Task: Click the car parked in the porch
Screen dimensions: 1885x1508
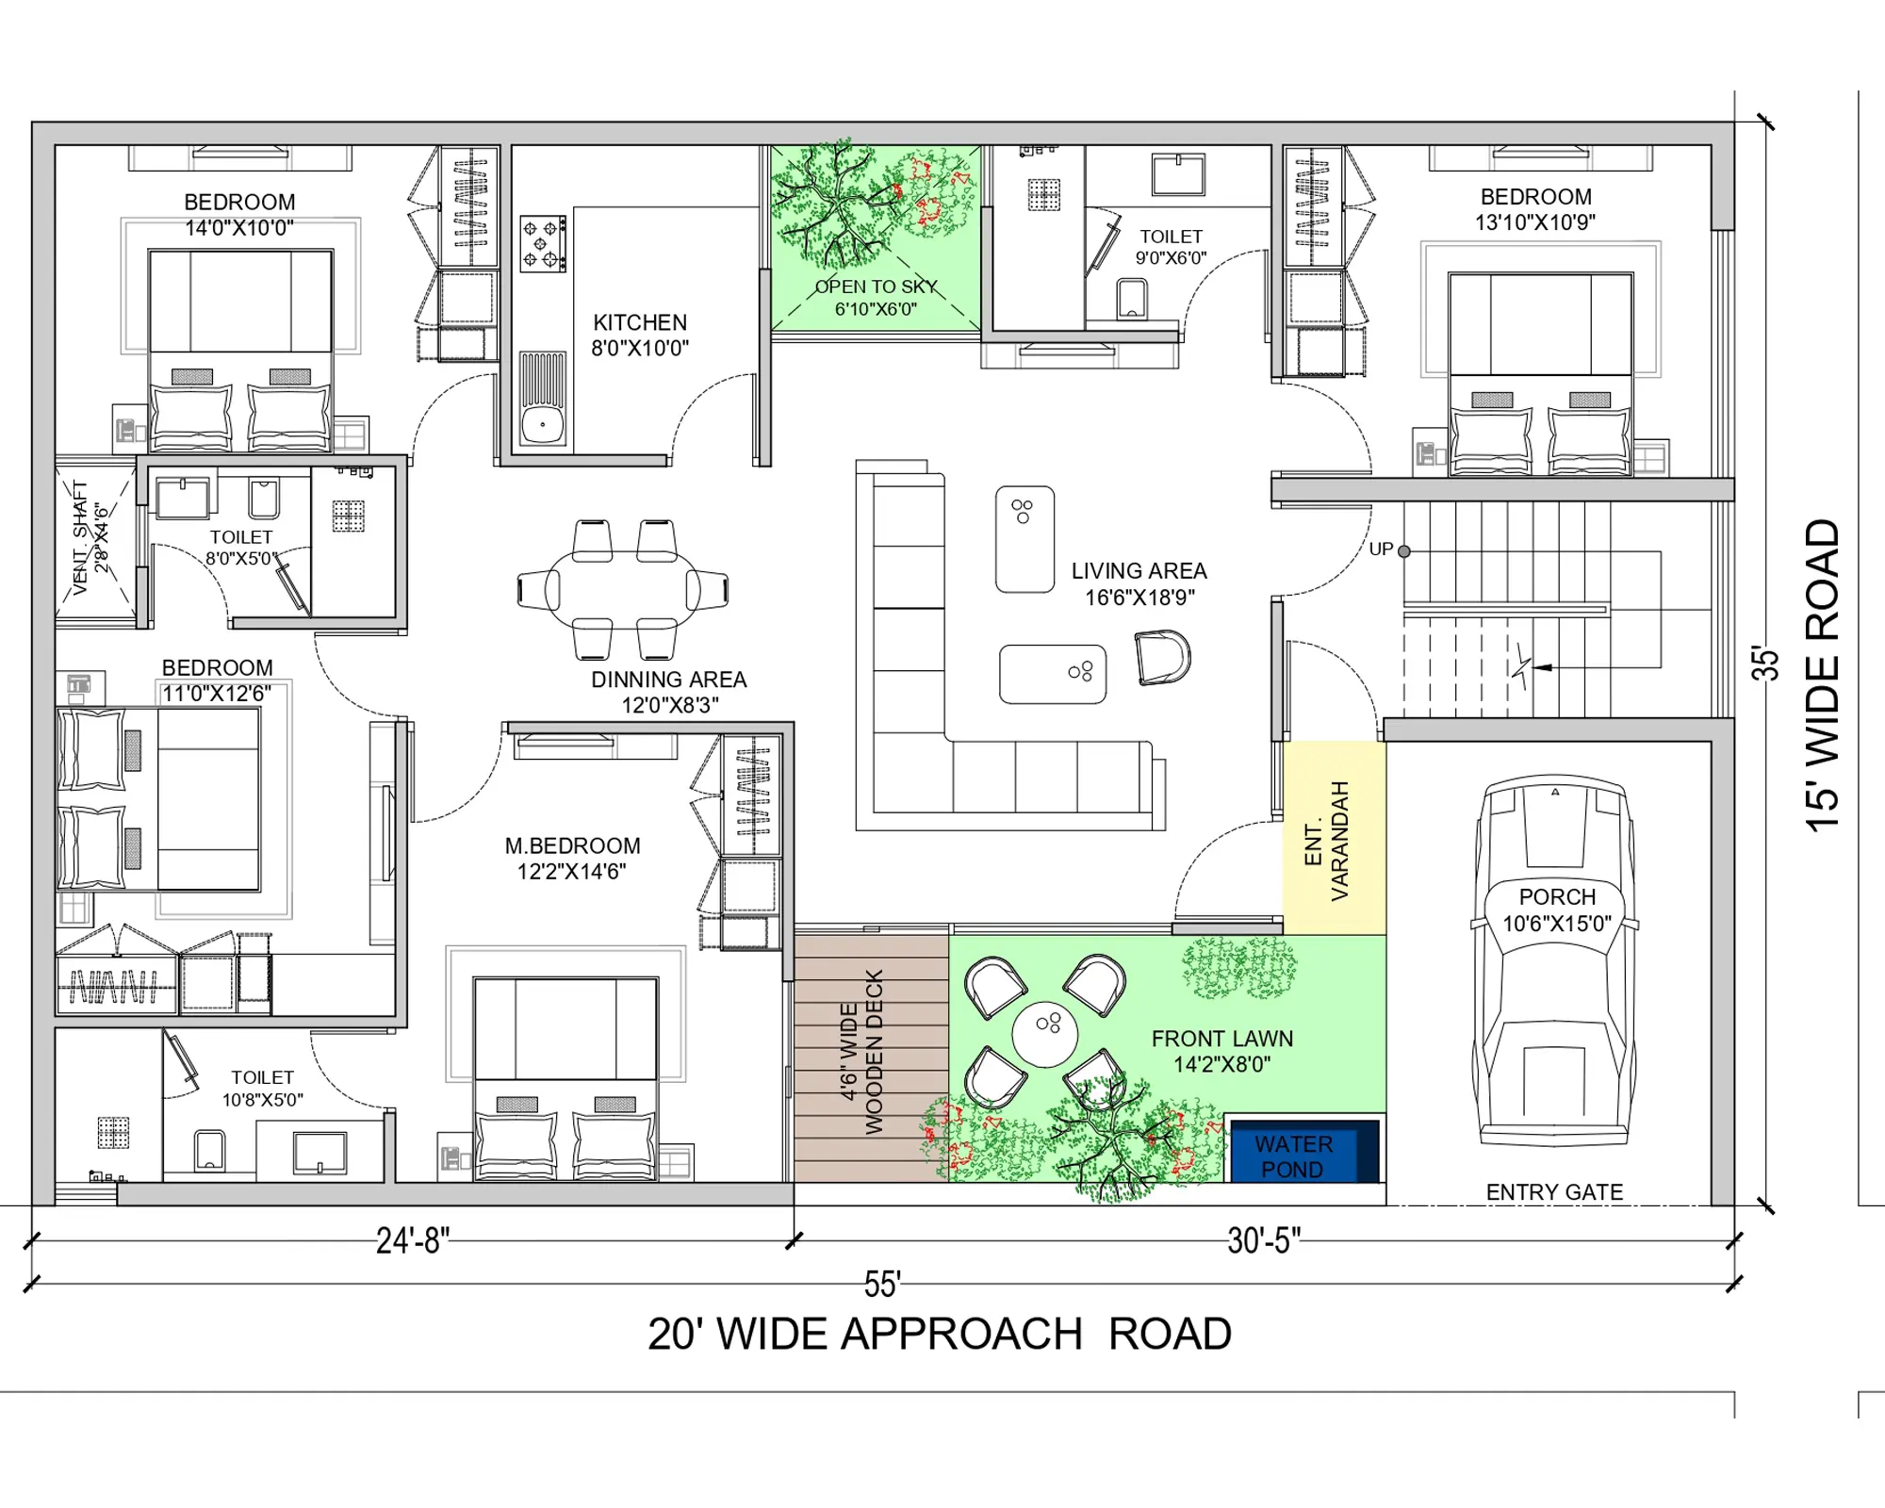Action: coord(1555,961)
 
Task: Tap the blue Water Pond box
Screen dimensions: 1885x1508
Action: coord(1305,1151)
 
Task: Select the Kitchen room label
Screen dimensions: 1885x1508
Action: coord(640,335)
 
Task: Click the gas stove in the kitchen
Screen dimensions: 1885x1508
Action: coord(543,243)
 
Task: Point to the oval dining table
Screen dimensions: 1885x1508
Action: coord(623,590)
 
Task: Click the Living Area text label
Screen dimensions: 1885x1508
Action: coord(1139,583)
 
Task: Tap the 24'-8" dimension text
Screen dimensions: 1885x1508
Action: coord(413,1240)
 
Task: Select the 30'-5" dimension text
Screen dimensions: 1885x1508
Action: coord(1264,1240)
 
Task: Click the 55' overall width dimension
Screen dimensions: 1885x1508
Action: coord(883,1284)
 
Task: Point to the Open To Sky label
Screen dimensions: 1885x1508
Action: coord(877,297)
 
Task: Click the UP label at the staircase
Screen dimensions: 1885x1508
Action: coord(1381,549)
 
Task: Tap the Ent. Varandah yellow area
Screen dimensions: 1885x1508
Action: coord(1335,838)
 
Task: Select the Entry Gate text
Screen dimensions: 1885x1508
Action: coord(1554,1192)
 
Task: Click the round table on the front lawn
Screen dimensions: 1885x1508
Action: coord(1044,1034)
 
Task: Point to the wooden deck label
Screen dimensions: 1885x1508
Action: coord(861,1052)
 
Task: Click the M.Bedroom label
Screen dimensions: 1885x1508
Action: coord(572,859)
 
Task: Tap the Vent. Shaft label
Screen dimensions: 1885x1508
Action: coord(90,537)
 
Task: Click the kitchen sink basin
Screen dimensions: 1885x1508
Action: coord(543,424)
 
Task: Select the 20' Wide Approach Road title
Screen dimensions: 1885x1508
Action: coord(940,1334)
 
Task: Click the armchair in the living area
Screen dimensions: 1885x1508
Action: coord(1163,657)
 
